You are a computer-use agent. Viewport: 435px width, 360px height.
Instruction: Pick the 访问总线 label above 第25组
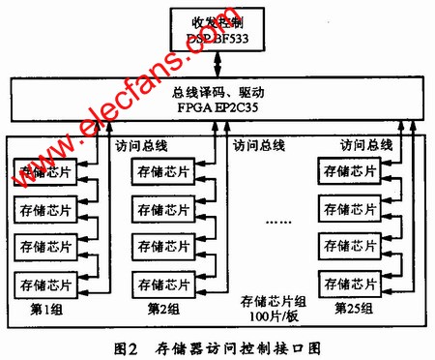pyautogui.click(x=366, y=145)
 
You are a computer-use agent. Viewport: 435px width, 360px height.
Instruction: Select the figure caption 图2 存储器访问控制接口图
pyautogui.click(x=217, y=344)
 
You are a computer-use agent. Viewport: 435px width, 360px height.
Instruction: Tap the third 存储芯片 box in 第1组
pyautogui.click(x=41, y=247)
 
